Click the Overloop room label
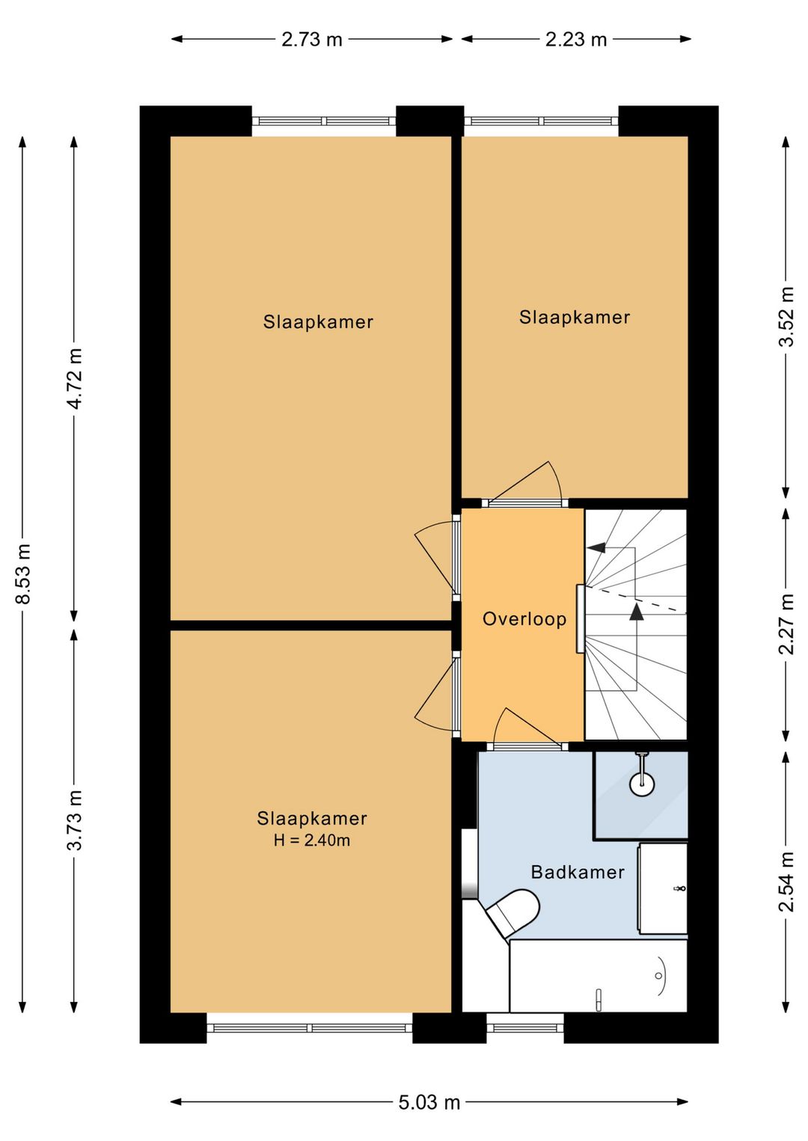click(x=524, y=619)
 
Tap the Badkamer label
click(x=578, y=872)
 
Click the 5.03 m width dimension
click(x=429, y=1084)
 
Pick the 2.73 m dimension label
click(x=311, y=39)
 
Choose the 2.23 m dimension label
click(x=576, y=39)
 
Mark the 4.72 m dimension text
click(x=76, y=378)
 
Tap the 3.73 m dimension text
click(x=76, y=820)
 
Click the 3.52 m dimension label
click(x=786, y=316)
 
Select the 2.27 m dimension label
click(x=786, y=624)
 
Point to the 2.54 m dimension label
click(x=786, y=882)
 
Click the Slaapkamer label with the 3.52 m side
click(x=575, y=317)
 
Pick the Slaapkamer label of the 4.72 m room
click(x=318, y=322)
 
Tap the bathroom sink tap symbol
click(x=679, y=888)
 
